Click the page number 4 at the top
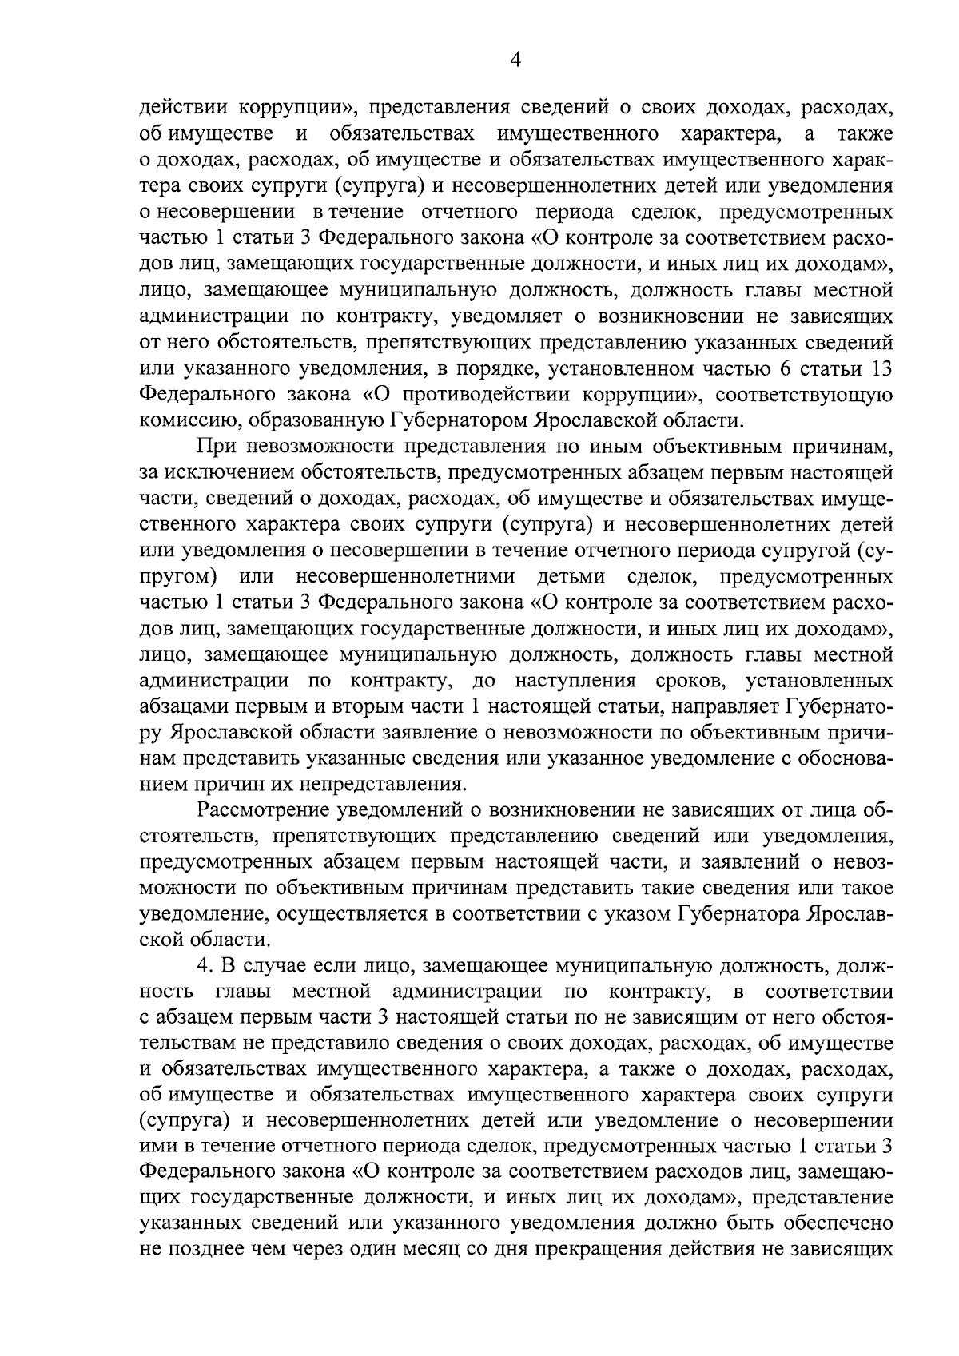515,61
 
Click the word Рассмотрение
260,811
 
